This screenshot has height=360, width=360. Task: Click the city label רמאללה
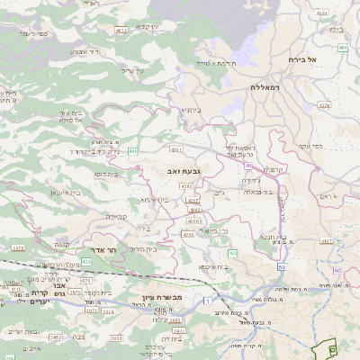coord(267,86)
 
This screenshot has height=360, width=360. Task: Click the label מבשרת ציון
coord(162,297)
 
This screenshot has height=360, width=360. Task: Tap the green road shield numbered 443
coord(132,150)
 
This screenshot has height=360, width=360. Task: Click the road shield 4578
coord(324,105)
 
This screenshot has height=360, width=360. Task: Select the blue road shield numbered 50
coord(282,268)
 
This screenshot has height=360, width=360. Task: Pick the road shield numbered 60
coord(337,270)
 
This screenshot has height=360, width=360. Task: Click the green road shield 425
coord(85,261)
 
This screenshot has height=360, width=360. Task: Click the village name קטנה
coord(61,243)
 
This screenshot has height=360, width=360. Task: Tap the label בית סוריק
coord(157,249)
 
